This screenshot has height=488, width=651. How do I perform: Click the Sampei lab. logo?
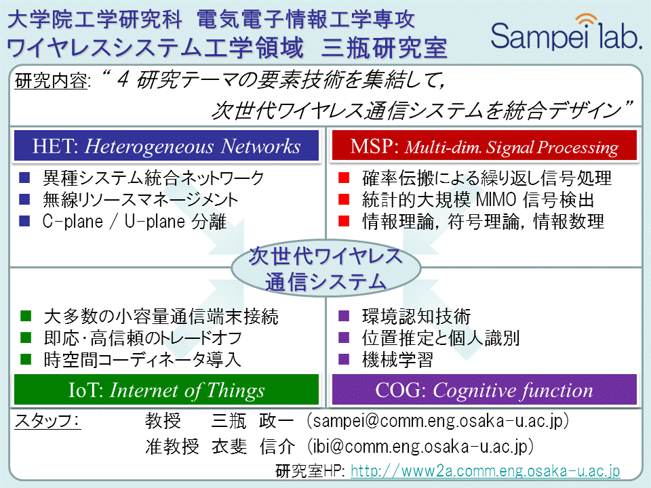point(566,33)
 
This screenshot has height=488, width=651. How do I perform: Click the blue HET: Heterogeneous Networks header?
point(167,146)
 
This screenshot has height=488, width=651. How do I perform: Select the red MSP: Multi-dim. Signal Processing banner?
point(484,146)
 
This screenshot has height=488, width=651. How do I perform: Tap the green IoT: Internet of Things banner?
point(167,389)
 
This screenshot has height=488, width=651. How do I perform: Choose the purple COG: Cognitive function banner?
point(484,389)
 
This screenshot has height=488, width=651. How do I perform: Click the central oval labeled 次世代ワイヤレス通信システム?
point(326,268)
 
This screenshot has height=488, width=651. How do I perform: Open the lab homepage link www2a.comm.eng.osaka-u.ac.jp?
point(486,470)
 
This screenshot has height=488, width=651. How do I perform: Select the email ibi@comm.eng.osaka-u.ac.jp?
point(420,447)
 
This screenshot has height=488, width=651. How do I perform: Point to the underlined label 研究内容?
point(52,81)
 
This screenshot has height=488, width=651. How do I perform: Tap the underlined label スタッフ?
point(47,421)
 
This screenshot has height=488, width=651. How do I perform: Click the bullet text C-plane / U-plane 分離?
point(134,221)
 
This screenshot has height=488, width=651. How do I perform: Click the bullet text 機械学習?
point(398,359)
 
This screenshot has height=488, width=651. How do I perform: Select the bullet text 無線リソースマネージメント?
point(140,199)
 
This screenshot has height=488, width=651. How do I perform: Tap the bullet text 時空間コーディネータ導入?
point(142,359)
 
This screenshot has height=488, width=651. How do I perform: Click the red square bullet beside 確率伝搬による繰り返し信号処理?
point(344,178)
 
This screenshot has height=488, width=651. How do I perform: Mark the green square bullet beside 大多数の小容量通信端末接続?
point(26,317)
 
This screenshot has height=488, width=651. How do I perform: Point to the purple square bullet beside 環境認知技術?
point(344,317)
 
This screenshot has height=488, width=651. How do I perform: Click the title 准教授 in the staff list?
point(172,447)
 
